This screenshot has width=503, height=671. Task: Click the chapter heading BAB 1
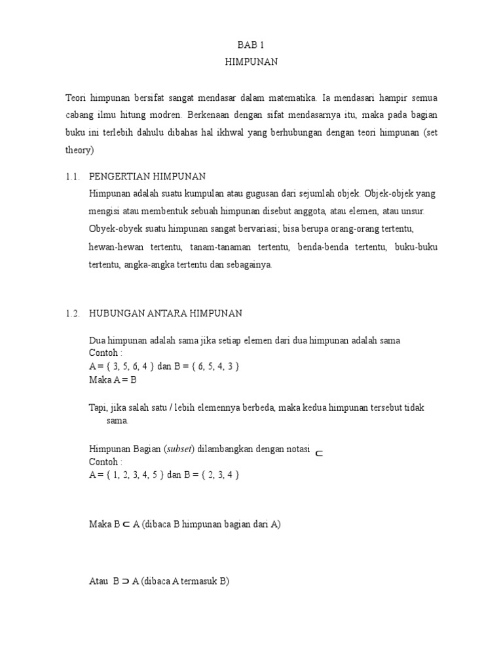(251, 45)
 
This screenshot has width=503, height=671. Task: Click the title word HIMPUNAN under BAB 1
(251, 62)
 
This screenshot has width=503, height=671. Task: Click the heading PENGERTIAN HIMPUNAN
(147, 177)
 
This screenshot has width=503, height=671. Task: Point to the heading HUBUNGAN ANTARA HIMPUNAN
(165, 313)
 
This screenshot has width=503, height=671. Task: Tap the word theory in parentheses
(80, 150)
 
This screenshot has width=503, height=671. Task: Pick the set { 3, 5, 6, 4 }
(128, 366)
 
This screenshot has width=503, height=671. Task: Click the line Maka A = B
(113, 379)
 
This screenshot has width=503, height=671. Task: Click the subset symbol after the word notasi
(318, 452)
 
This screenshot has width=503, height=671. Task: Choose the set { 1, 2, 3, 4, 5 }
(133, 474)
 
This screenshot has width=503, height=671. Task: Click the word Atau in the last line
(98, 581)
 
